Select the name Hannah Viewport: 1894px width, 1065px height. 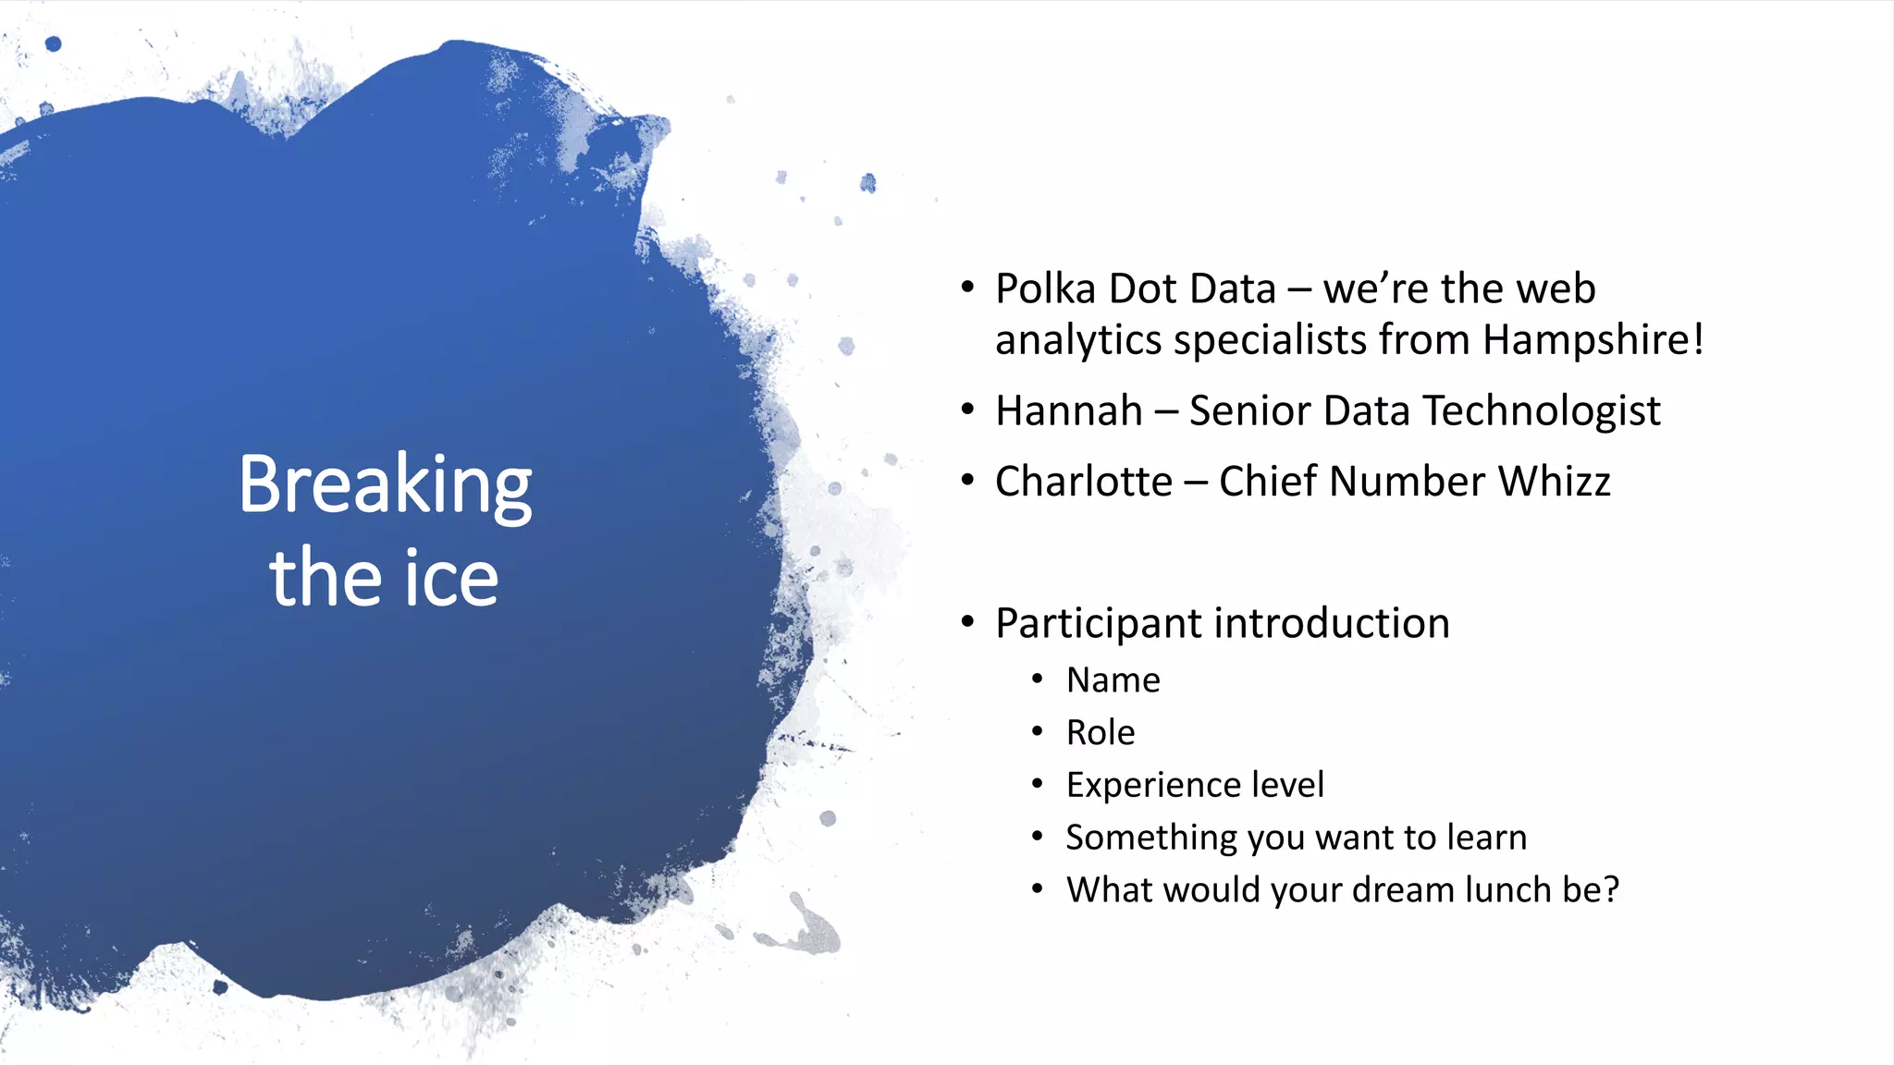pyautogui.click(x=1068, y=410)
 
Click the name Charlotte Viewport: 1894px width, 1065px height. pyautogui.click(x=1083, y=482)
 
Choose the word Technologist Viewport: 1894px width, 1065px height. pyautogui.click(x=1542, y=411)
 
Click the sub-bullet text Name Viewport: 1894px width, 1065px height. pyautogui.click(x=1113, y=680)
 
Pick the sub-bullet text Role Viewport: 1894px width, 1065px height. pyautogui.click(x=1100, y=733)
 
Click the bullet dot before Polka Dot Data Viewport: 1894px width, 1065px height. pyautogui.click(x=967, y=288)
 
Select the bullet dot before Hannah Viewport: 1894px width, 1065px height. pyautogui.click(x=967, y=409)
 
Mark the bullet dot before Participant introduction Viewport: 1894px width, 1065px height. pyautogui.click(x=967, y=621)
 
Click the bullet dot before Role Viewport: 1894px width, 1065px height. pyautogui.click(x=1038, y=732)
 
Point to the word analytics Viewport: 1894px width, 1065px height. pyautogui.click(x=1077, y=340)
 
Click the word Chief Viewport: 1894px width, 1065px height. pyautogui.click(x=1272, y=482)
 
